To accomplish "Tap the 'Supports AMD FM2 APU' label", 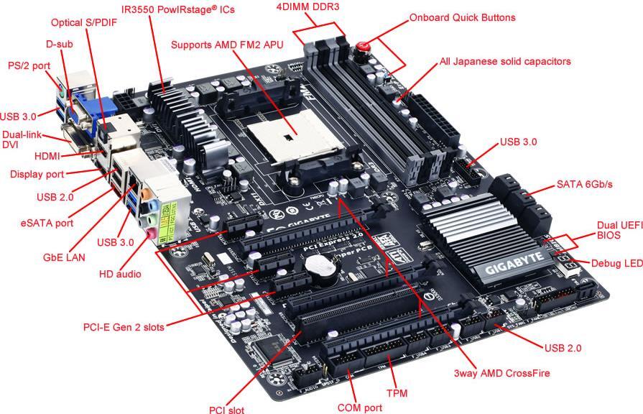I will tap(227, 45).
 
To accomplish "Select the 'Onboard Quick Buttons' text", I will tap(462, 17).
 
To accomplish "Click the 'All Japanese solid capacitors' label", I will tap(505, 62).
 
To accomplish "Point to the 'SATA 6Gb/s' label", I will tap(584, 185).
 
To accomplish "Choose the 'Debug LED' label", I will tap(616, 264).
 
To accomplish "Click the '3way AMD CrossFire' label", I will tap(501, 373).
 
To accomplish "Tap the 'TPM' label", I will tap(397, 394).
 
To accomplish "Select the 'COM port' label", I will tap(359, 408).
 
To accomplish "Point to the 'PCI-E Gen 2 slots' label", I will tap(124, 327).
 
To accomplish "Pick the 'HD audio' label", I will tap(120, 274).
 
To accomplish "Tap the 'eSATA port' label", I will tap(47, 223).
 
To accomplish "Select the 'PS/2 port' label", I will tap(29, 65).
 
